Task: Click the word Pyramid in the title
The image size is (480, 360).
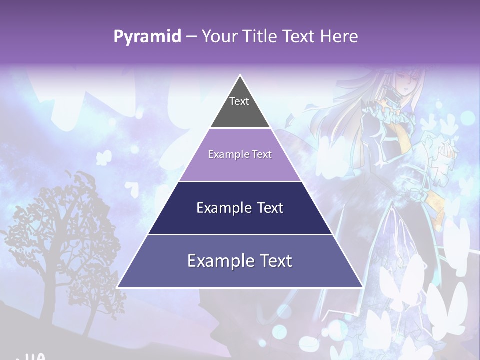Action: tap(147, 37)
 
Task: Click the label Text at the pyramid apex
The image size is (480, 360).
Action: tap(239, 101)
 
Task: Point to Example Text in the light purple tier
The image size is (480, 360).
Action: tap(240, 154)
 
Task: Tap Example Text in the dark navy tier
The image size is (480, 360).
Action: tap(240, 208)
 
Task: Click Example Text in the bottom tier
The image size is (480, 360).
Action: tap(240, 261)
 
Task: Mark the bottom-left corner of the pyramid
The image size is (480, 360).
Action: tap(118, 287)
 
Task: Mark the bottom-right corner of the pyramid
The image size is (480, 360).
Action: tap(362, 287)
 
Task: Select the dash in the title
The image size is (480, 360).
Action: tap(191, 37)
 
